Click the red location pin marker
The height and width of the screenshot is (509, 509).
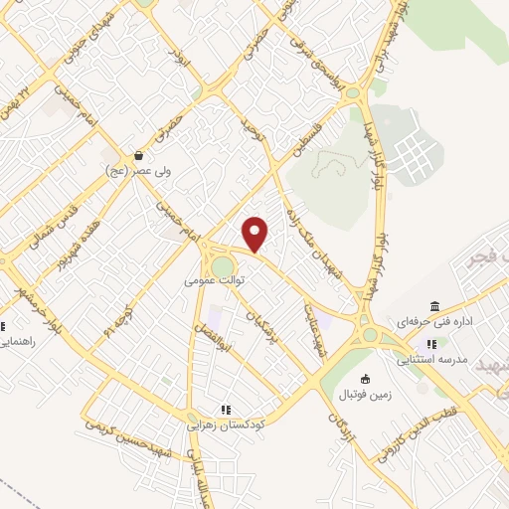255,234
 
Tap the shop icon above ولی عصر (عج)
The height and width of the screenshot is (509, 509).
139,156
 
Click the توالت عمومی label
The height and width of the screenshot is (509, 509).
214,281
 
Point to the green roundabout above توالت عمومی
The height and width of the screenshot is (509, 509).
223,266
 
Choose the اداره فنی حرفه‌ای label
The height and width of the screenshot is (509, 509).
434,322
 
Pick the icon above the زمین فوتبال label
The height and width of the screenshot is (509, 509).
366,379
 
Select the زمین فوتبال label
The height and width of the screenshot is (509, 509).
366,395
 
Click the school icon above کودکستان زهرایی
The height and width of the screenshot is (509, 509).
225,409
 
